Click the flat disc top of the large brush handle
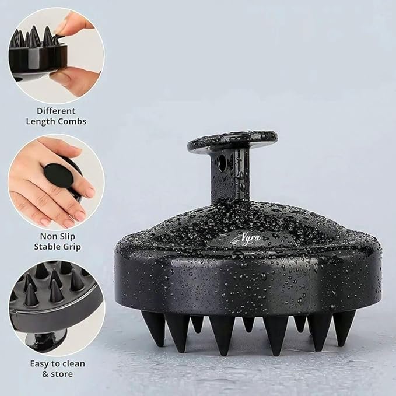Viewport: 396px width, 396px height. (x=232, y=140)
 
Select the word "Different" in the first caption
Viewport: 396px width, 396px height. (x=56, y=111)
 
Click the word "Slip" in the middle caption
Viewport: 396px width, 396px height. (x=67, y=237)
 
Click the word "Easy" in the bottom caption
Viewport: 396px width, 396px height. (x=40, y=364)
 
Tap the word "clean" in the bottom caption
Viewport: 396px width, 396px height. (x=73, y=364)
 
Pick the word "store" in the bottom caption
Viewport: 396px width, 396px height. (x=62, y=374)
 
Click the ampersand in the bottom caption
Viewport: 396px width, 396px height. (x=45, y=374)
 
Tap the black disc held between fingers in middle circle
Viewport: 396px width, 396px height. (x=58, y=175)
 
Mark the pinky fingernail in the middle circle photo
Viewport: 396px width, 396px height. (x=90, y=192)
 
